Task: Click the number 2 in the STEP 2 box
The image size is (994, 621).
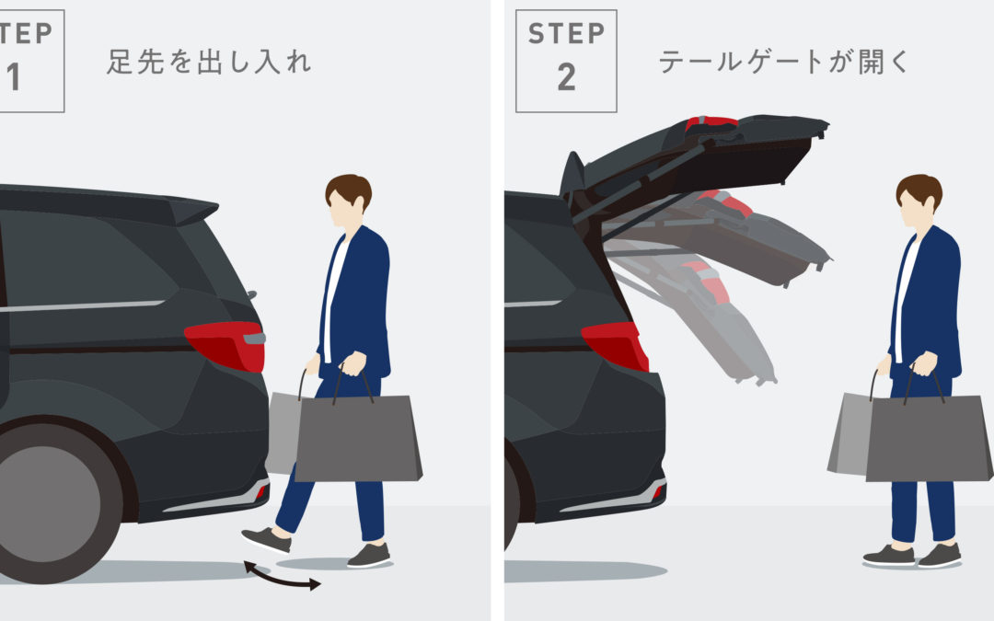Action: [566, 77]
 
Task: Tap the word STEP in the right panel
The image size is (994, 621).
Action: [566, 34]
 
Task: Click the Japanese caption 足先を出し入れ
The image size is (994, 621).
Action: [209, 63]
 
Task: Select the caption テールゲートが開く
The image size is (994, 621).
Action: [784, 63]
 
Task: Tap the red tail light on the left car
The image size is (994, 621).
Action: [225, 345]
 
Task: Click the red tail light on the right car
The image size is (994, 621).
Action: [616, 346]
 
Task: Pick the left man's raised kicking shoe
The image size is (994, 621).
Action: [266, 539]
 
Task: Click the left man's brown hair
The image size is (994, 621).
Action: [350, 189]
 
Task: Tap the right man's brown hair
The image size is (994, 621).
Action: [919, 189]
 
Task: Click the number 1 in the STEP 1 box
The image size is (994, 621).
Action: [13, 77]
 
